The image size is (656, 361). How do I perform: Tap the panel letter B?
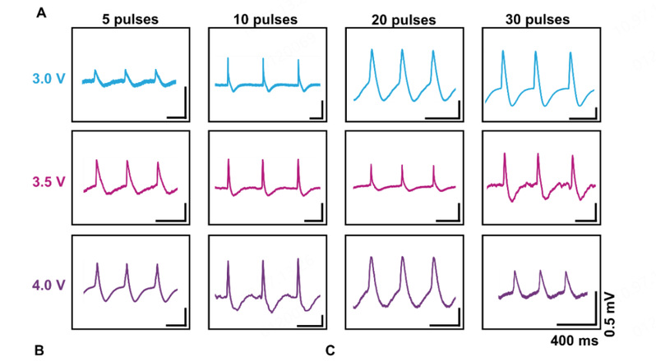pos(39,350)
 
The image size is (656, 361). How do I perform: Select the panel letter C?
pos(330,350)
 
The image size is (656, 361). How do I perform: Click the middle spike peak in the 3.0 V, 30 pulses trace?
pos(536,53)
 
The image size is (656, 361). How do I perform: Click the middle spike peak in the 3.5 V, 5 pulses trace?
pos(127,162)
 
